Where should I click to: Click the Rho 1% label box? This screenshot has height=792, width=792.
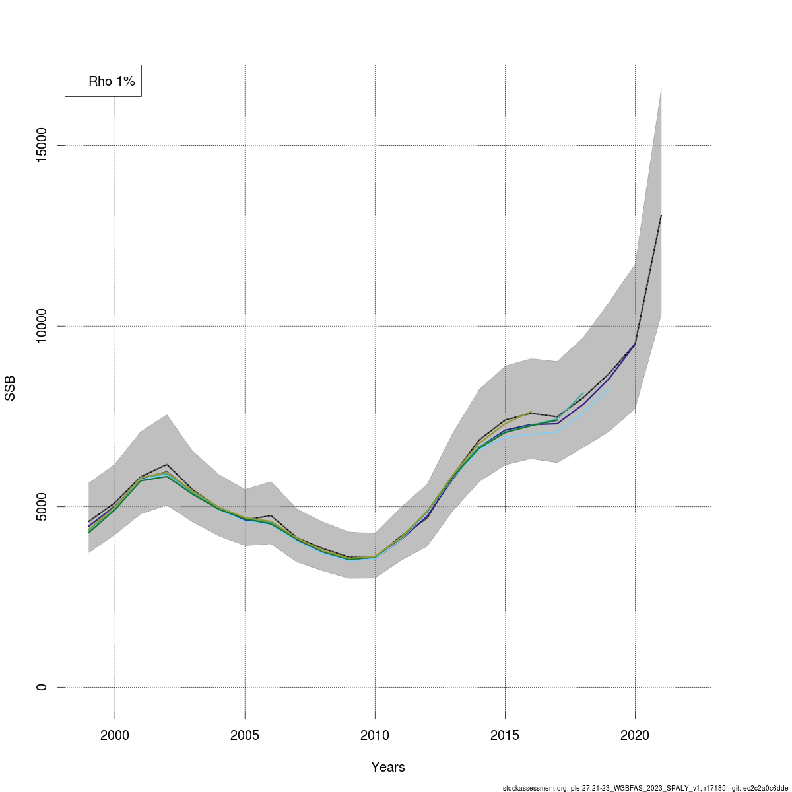point(104,81)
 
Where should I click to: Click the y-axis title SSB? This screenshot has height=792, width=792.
point(10,389)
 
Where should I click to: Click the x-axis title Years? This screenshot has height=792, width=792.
point(388,767)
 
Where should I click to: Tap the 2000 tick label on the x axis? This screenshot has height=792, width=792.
point(115,735)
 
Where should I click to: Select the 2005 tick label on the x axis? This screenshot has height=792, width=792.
point(245,735)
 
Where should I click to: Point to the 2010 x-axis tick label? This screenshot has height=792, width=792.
point(375,735)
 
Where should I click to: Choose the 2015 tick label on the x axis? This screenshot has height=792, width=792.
point(505,735)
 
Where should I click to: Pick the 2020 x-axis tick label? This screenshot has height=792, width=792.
point(635,735)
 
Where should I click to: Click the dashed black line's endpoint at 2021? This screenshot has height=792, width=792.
point(661,215)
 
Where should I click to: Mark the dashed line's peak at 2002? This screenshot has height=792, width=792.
point(167,465)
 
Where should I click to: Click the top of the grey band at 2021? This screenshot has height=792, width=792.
point(661,89)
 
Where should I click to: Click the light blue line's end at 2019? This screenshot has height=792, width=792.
point(609,389)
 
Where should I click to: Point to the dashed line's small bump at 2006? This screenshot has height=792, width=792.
point(271,515)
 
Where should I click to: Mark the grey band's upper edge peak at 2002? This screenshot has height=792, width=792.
point(167,414)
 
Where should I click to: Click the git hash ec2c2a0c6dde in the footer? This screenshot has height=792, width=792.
point(766,788)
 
